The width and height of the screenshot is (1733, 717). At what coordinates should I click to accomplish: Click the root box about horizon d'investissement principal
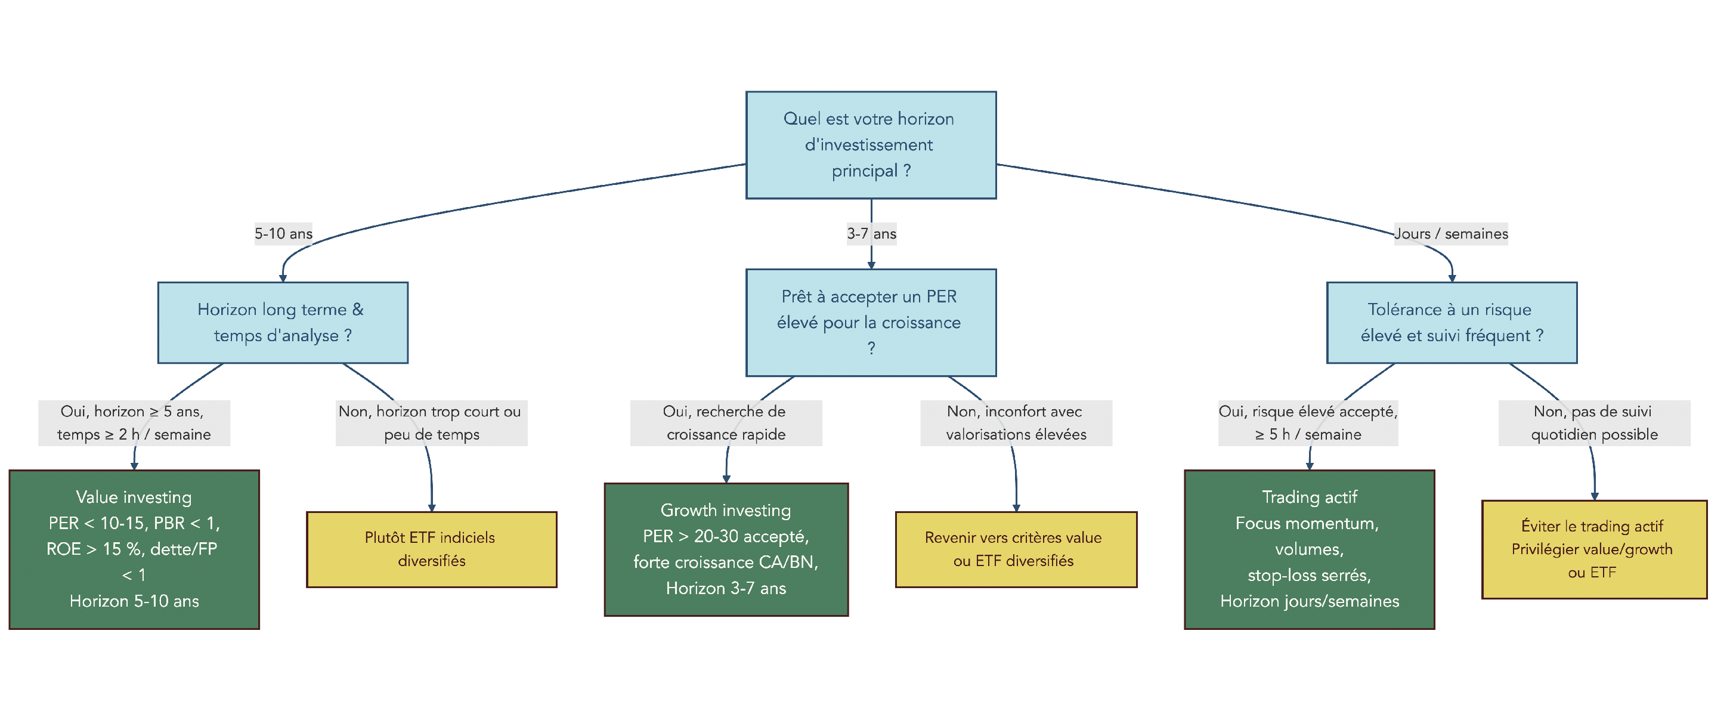tap(871, 144)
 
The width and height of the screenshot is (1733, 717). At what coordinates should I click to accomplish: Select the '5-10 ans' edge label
tap(283, 233)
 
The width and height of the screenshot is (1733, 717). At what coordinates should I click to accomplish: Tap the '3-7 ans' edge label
tap(871, 233)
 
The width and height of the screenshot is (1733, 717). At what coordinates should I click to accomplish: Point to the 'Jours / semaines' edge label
tap(1450, 233)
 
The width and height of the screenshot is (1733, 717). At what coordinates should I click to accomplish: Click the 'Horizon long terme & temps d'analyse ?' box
tap(283, 322)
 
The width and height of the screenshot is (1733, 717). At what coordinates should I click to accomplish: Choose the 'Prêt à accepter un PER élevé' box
tap(871, 322)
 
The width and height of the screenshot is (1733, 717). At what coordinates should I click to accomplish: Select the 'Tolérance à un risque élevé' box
tap(1451, 322)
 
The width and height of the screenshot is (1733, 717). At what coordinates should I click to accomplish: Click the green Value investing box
tap(134, 549)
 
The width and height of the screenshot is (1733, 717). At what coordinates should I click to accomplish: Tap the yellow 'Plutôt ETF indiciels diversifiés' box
tap(431, 549)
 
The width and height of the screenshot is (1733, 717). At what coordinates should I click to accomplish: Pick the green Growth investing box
tap(726, 549)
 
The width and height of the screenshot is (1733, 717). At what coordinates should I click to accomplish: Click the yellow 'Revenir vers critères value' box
tap(1016, 549)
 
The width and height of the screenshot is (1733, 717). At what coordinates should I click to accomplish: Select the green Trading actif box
tap(1309, 549)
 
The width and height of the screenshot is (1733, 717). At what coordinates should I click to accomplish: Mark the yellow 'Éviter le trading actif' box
tap(1593, 549)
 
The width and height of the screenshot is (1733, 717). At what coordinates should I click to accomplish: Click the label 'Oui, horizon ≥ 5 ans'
tap(134, 422)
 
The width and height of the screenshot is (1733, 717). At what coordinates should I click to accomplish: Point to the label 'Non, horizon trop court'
tap(431, 422)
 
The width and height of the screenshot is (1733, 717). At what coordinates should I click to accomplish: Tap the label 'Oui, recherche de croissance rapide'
tap(726, 422)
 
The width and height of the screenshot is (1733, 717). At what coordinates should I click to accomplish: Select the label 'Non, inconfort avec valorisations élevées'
tap(1016, 422)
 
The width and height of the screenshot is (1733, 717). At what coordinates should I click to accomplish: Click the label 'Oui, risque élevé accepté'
tap(1308, 422)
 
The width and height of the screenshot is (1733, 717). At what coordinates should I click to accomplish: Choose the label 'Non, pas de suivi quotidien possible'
tap(1593, 422)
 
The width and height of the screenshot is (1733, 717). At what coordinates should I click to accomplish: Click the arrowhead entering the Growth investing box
tap(726, 479)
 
